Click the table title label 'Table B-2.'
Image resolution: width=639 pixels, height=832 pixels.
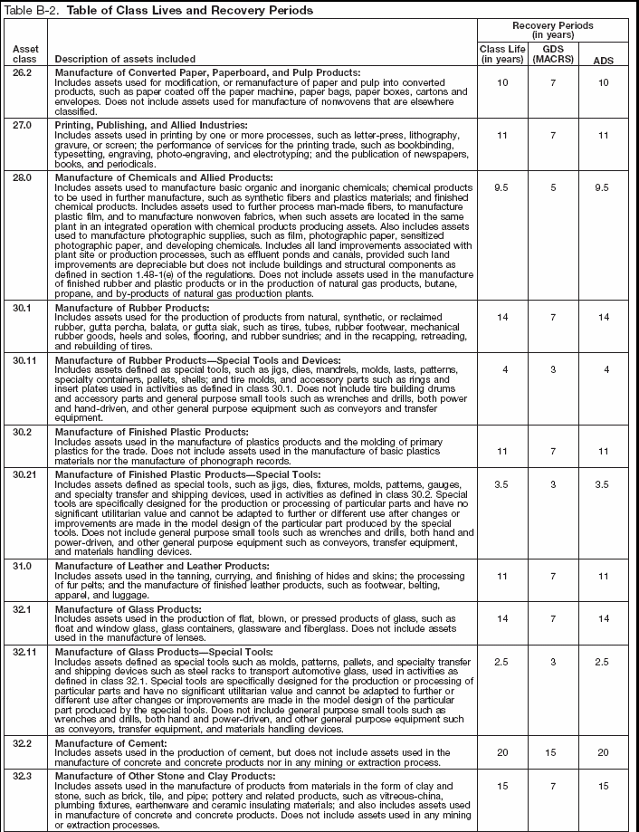tap(30, 10)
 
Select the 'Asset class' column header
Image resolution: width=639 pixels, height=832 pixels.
tap(24, 53)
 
